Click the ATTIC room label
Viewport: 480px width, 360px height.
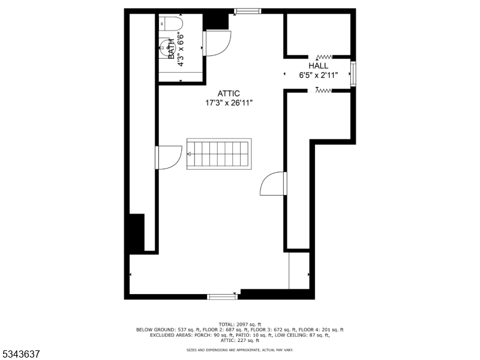point(229,94)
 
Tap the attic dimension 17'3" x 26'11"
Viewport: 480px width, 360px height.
point(229,103)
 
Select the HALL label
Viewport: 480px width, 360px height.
point(319,66)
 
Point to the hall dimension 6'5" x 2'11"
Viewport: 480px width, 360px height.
point(319,76)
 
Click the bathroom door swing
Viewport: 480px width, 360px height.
point(216,43)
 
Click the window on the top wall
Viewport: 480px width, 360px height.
point(247,10)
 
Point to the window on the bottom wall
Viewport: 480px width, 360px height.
point(222,296)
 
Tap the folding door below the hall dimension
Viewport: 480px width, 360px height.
point(323,91)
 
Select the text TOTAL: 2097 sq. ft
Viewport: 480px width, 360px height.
point(240,324)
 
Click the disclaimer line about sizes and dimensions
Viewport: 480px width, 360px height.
point(240,349)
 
